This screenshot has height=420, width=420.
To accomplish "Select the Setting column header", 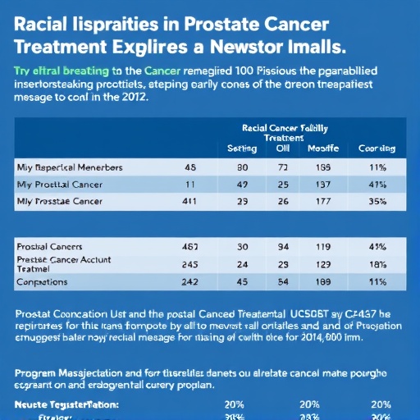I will coord(243,148).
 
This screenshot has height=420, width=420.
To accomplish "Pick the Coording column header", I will coord(377,148).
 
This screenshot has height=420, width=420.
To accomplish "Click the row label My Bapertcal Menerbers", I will coord(70,167).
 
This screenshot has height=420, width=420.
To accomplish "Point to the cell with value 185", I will coord(322,167).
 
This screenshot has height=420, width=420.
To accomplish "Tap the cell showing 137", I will coord(322,184).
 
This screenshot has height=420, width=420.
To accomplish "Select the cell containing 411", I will coord(189,200).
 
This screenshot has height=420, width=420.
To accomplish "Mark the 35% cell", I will coord(378,200).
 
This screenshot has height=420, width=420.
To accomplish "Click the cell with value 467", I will coord(189,246).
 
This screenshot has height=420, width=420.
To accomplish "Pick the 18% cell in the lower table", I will coord(378,264).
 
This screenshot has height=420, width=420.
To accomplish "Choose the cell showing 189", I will coord(322,281).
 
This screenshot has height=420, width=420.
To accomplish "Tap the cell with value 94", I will coord(283,246).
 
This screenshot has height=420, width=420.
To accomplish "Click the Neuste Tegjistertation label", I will coord(66,404).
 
